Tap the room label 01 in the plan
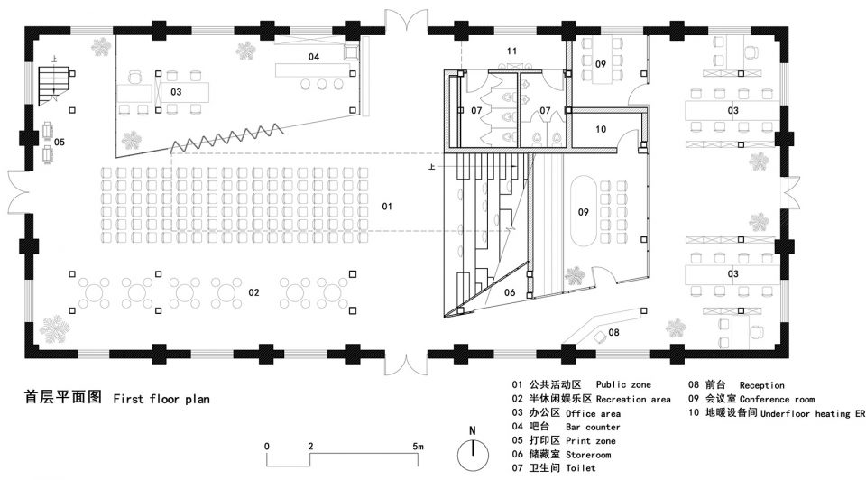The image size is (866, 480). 387,206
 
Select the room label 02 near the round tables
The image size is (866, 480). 253,292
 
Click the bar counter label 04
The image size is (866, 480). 314,56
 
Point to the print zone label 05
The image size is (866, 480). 60,142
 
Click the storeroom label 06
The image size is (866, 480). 509,292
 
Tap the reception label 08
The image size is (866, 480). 613,332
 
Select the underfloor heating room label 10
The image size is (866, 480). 601,129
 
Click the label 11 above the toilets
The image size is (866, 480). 511,51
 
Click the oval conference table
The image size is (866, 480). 584,211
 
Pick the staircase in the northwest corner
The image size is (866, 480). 53,85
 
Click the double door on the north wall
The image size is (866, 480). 407,21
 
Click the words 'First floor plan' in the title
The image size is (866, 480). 161,399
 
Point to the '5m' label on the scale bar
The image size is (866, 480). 418,446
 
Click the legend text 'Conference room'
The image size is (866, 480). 777,399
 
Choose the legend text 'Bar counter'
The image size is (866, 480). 593,427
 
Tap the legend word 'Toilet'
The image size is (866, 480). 580,468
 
